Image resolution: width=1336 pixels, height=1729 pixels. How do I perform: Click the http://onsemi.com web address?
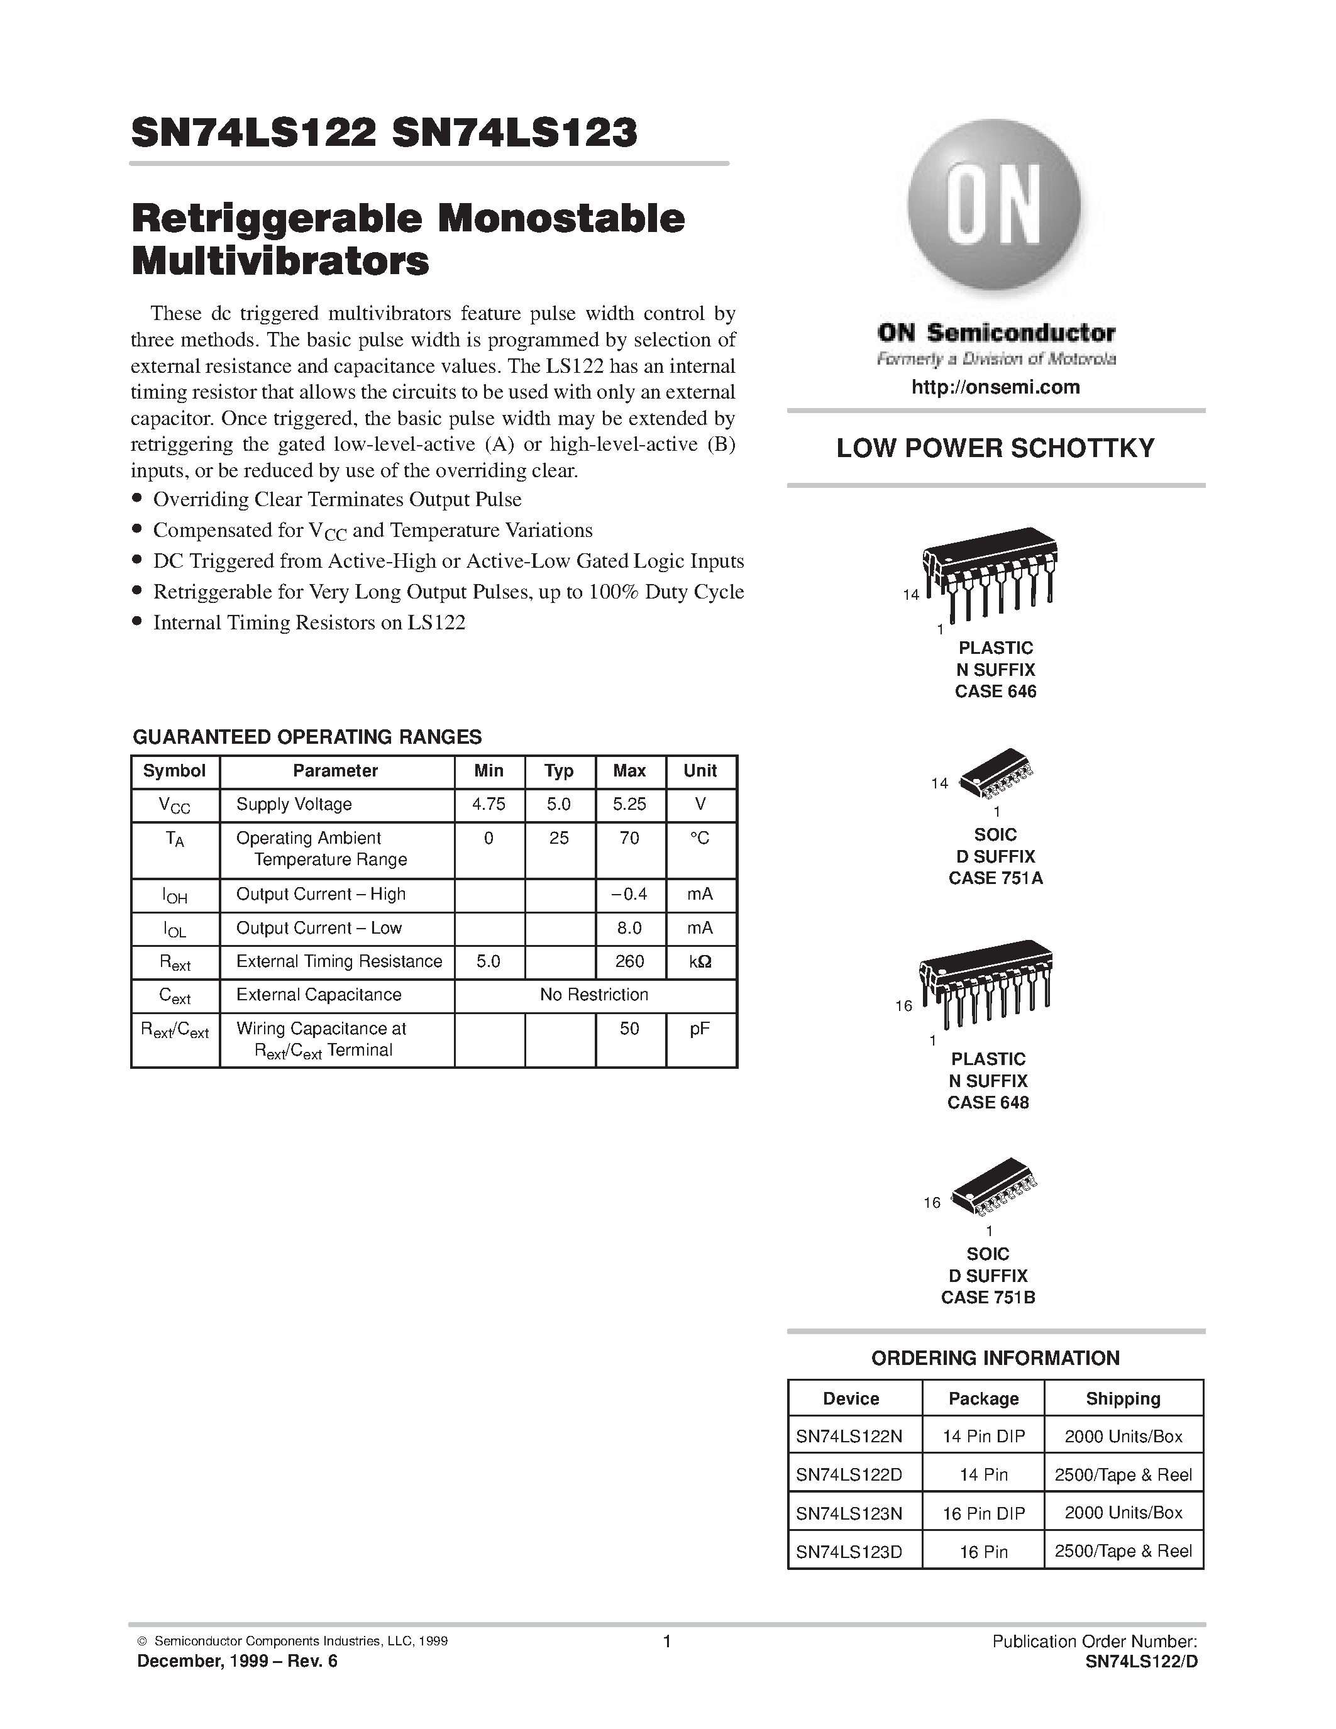point(995,387)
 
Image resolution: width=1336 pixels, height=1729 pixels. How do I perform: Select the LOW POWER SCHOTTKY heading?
point(995,448)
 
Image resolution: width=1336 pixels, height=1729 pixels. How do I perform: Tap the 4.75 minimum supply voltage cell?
point(489,804)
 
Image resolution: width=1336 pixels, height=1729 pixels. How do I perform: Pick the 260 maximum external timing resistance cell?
point(629,961)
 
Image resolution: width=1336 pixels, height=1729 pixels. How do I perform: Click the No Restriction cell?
point(593,995)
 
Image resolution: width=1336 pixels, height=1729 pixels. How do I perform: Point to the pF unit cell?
point(700,1029)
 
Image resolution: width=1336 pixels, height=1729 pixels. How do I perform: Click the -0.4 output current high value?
point(629,895)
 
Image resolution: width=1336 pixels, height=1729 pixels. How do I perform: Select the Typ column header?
point(559,771)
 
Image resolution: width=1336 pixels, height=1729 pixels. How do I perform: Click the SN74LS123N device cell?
point(849,1513)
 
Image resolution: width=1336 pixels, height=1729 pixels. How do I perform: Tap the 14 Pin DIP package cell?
point(983,1436)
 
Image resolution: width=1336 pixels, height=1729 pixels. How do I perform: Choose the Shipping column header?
point(1122,1399)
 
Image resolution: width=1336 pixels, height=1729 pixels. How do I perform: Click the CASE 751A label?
point(995,878)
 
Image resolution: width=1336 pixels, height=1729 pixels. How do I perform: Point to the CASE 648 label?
point(988,1103)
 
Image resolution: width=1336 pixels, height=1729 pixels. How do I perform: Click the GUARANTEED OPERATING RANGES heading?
point(307,737)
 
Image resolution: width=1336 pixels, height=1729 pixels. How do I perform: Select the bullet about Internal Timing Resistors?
point(309,623)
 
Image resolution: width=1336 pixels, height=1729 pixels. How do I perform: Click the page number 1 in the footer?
point(666,1642)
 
